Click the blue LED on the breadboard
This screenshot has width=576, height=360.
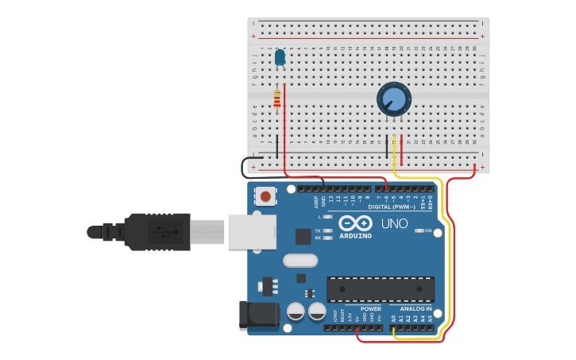(x=280, y=57)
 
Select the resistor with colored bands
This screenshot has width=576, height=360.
(x=276, y=99)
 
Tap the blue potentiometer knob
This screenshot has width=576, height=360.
(x=393, y=99)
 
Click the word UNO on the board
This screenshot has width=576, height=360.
(x=394, y=223)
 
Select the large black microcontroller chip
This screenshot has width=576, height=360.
(x=381, y=289)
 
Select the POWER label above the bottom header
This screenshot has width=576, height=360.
(x=370, y=308)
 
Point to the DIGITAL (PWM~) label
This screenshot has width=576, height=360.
(x=392, y=207)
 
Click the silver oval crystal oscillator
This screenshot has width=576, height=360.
(x=300, y=260)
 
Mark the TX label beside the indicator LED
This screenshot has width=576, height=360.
(x=318, y=230)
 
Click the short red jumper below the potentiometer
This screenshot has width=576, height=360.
(x=401, y=150)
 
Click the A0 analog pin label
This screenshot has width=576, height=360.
(x=392, y=318)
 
